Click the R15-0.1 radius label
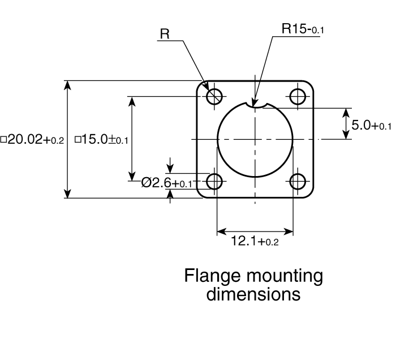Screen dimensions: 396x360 [303, 28]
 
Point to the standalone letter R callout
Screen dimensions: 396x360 [165, 33]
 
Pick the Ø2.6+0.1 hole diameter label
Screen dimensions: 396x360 [167, 182]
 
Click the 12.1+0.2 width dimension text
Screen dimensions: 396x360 [255, 241]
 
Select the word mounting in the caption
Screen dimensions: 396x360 [285, 276]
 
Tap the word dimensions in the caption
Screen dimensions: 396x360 [253, 294]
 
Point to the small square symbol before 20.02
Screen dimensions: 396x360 [3, 140]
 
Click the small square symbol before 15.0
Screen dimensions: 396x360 [78, 140]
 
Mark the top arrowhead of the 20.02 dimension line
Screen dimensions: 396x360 [67, 85]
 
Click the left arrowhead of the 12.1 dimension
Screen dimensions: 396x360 [222, 231]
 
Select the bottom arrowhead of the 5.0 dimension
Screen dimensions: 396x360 [346, 134]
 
